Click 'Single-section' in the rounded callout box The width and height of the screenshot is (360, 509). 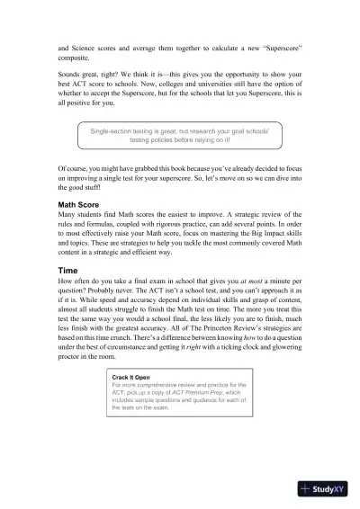tap(119, 131)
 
